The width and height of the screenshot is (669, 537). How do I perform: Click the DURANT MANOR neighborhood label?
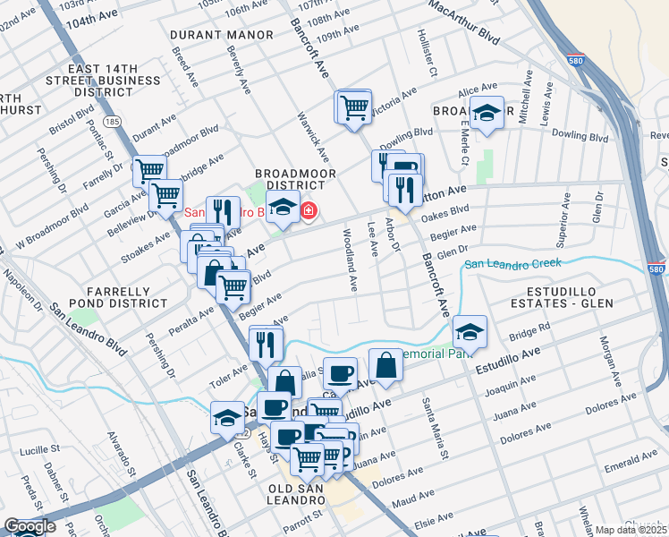coord(223,35)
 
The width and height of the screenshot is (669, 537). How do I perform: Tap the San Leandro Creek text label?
coord(512,263)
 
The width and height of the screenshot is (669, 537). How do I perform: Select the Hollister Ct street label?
coord(427,50)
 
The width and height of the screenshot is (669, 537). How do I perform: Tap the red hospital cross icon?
coord(309,211)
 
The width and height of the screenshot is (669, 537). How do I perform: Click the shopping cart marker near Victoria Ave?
coord(355,107)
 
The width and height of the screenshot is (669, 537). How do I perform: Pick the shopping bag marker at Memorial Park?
coord(385,365)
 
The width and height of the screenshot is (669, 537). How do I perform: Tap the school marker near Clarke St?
coord(227,418)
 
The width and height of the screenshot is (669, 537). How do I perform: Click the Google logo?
coord(30,526)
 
